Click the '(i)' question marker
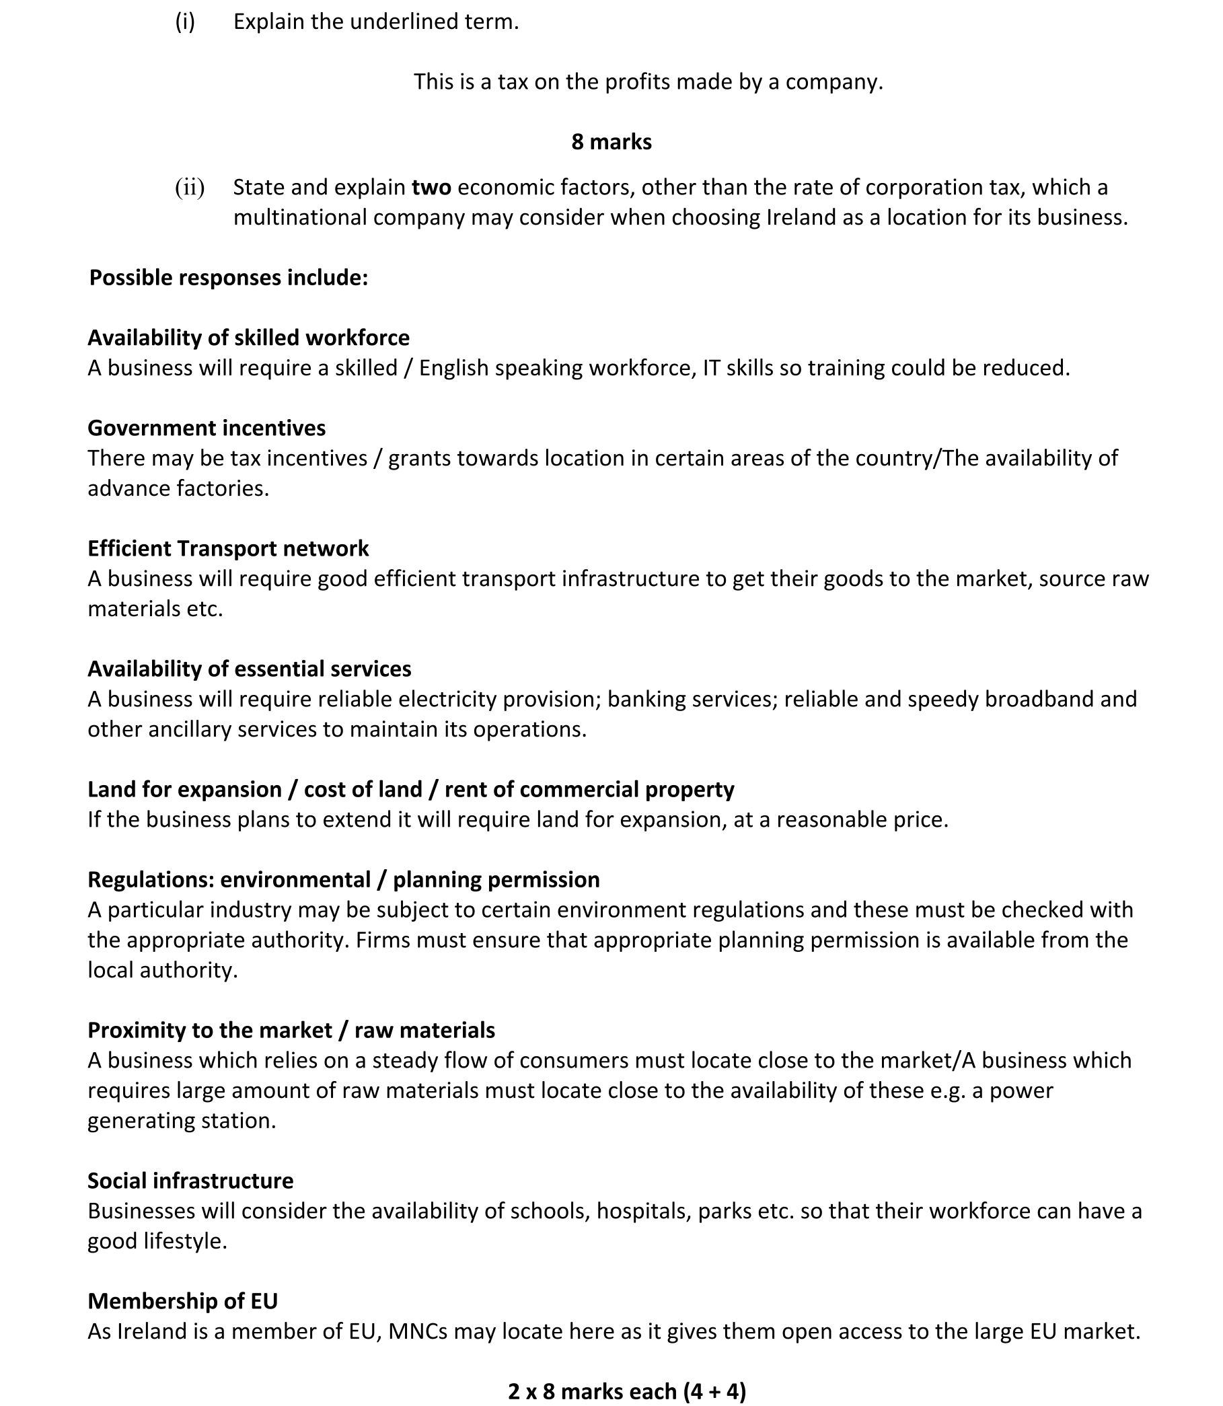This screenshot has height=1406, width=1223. pos(185,22)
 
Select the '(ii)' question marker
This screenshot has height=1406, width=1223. pos(190,187)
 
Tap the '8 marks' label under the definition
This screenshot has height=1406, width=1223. pos(611,142)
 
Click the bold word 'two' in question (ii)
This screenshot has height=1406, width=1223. pos(431,187)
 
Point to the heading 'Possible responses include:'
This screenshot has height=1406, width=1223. pos(229,278)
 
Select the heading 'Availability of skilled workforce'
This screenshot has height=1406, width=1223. pos(248,338)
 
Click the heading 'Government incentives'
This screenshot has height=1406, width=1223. pos(207,428)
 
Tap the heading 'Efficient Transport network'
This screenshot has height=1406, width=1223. pos(228,548)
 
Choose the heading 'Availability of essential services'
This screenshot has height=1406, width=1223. pos(249,669)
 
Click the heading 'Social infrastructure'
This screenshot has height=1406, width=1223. pos(190,1181)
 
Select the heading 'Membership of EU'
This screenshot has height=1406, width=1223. pos(183,1301)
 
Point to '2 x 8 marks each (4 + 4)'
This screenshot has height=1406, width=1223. pos(626,1391)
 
